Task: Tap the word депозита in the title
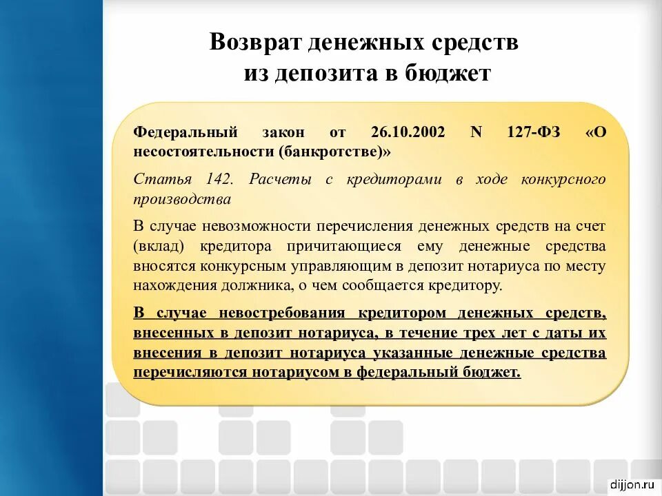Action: pyautogui.click(x=323, y=74)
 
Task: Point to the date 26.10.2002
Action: pyautogui.click(x=408, y=132)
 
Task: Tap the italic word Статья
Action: pyautogui.click(x=162, y=180)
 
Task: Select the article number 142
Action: pyautogui.click(x=220, y=180)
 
